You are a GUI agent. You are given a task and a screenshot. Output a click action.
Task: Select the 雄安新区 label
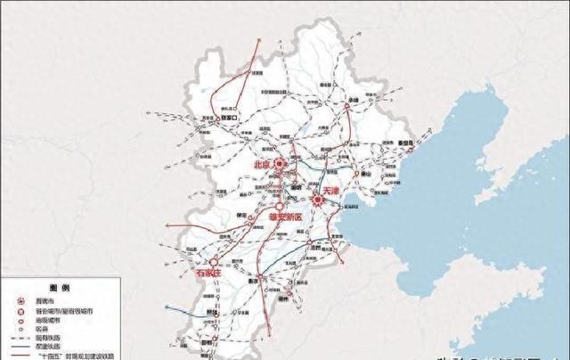click(286, 217)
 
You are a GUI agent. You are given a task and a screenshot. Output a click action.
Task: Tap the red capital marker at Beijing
click(279, 164)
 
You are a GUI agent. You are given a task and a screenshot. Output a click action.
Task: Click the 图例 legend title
click(60, 290)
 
